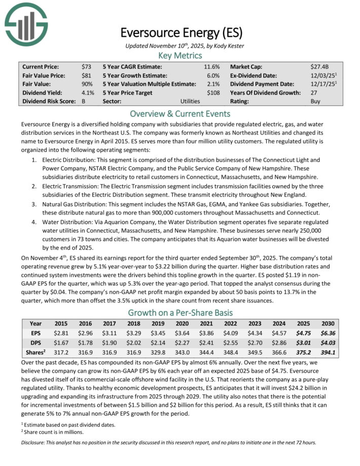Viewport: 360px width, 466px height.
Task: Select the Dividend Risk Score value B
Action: pos(84,101)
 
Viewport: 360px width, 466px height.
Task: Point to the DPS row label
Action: pos(35,342)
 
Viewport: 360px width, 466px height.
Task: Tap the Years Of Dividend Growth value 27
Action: pos(314,93)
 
